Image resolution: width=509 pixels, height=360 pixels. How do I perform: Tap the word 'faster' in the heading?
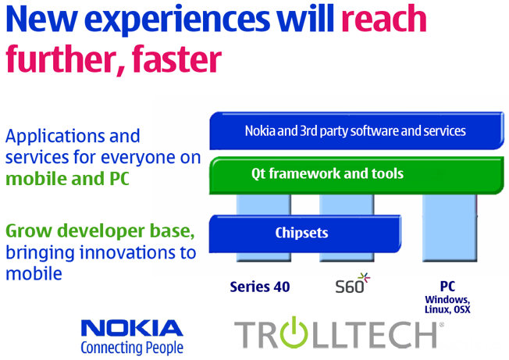(176, 59)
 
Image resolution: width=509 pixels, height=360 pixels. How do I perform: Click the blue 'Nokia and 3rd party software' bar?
(357, 130)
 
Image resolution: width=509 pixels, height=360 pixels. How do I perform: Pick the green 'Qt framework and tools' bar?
(357, 175)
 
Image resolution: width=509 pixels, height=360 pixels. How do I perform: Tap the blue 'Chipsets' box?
(305, 233)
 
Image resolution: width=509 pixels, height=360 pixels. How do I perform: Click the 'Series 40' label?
(260, 287)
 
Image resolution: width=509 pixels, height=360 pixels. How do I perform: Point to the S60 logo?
(353, 283)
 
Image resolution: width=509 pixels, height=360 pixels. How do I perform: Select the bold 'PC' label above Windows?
(447, 287)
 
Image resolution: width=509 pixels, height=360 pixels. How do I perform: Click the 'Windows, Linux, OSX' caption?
(447, 305)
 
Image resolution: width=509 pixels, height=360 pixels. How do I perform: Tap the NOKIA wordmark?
(132, 328)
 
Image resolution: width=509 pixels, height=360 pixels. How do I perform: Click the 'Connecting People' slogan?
(132, 348)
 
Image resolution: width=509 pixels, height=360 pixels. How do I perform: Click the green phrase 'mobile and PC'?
(67, 179)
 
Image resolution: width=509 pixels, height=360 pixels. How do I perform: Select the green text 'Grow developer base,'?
(100, 231)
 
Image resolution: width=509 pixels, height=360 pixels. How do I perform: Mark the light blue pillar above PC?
(450, 227)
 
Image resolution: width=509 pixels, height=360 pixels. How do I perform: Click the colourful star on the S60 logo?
(365, 277)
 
